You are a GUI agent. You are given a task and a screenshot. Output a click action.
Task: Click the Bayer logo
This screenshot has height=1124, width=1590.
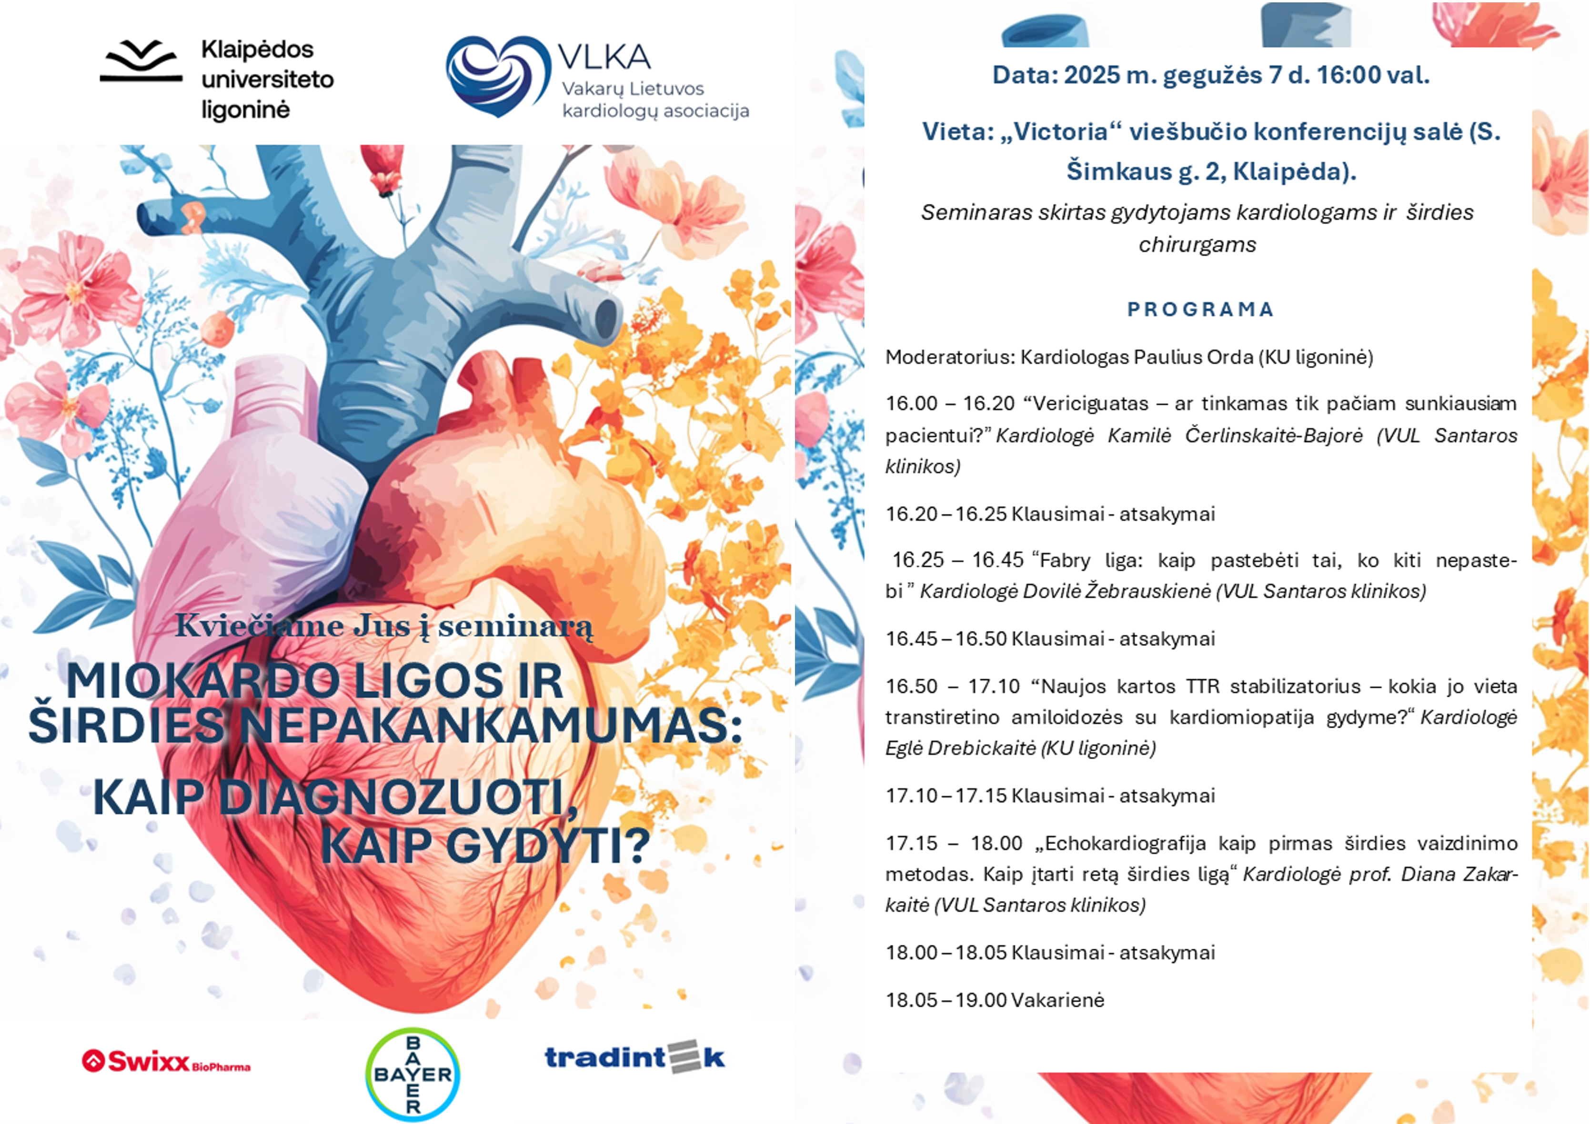point(413,1074)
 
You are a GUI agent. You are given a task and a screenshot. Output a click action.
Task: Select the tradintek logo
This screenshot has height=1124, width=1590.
point(635,1057)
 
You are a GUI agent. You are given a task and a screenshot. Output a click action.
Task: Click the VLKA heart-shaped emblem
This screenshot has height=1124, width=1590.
point(498,75)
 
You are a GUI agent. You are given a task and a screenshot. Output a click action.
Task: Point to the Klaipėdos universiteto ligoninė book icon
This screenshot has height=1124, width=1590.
point(141,61)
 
